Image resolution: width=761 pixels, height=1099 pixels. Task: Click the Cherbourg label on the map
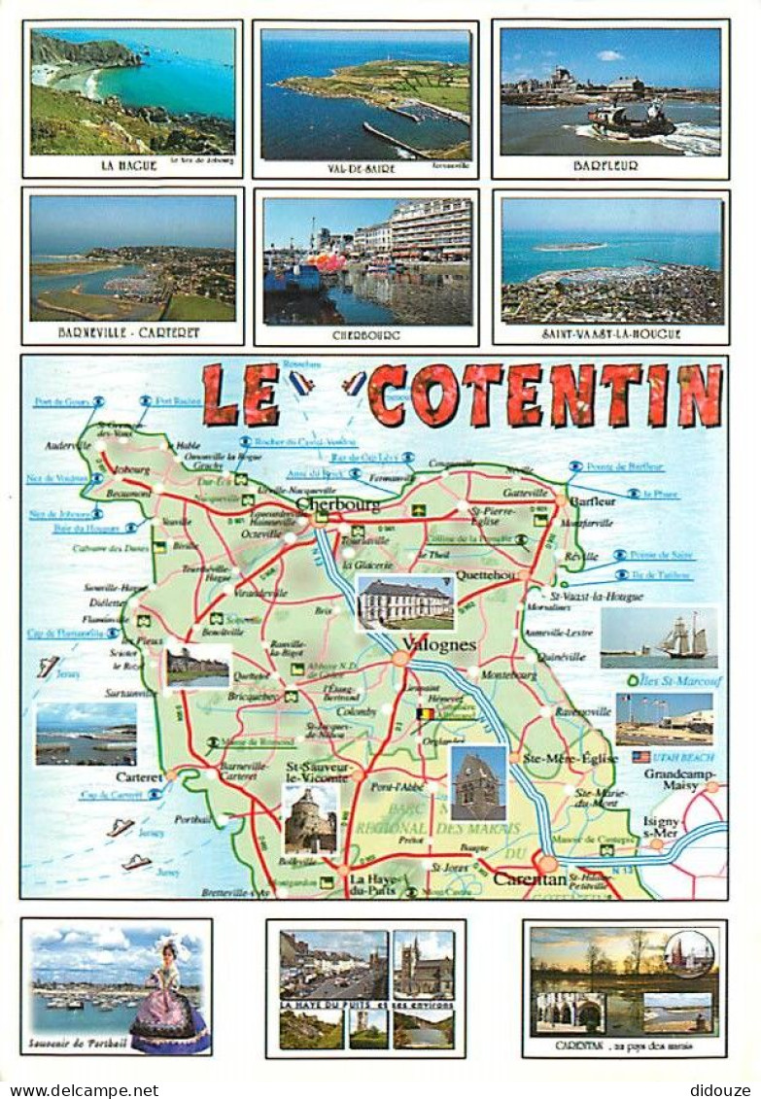pyautogui.click(x=338, y=504)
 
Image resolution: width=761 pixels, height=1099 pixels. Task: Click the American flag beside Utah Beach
pyautogui.click(x=640, y=756)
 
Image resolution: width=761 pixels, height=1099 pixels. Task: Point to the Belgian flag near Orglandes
pyautogui.click(x=426, y=715)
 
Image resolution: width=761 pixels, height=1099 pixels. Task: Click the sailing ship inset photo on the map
pyautogui.click(x=659, y=637)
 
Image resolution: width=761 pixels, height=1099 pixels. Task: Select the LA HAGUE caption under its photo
pyautogui.click(x=129, y=165)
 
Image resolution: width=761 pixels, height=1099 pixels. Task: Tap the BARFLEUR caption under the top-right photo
pyautogui.click(x=605, y=166)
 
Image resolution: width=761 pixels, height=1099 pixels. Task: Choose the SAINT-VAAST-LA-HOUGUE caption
pyautogui.click(x=610, y=333)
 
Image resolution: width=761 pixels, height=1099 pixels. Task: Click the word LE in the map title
pyautogui.click(x=241, y=395)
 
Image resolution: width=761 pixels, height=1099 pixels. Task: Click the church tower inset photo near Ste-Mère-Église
pyautogui.click(x=477, y=782)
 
